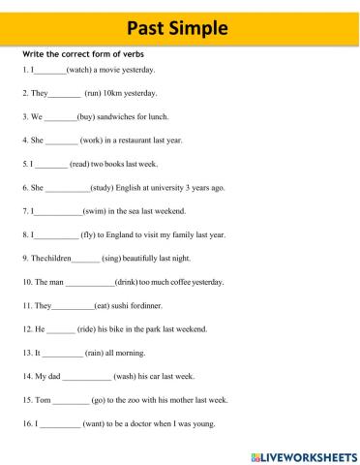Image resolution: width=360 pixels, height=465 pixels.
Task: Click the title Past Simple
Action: coord(180,25)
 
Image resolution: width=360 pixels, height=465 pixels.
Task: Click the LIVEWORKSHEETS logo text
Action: coord(310,453)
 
